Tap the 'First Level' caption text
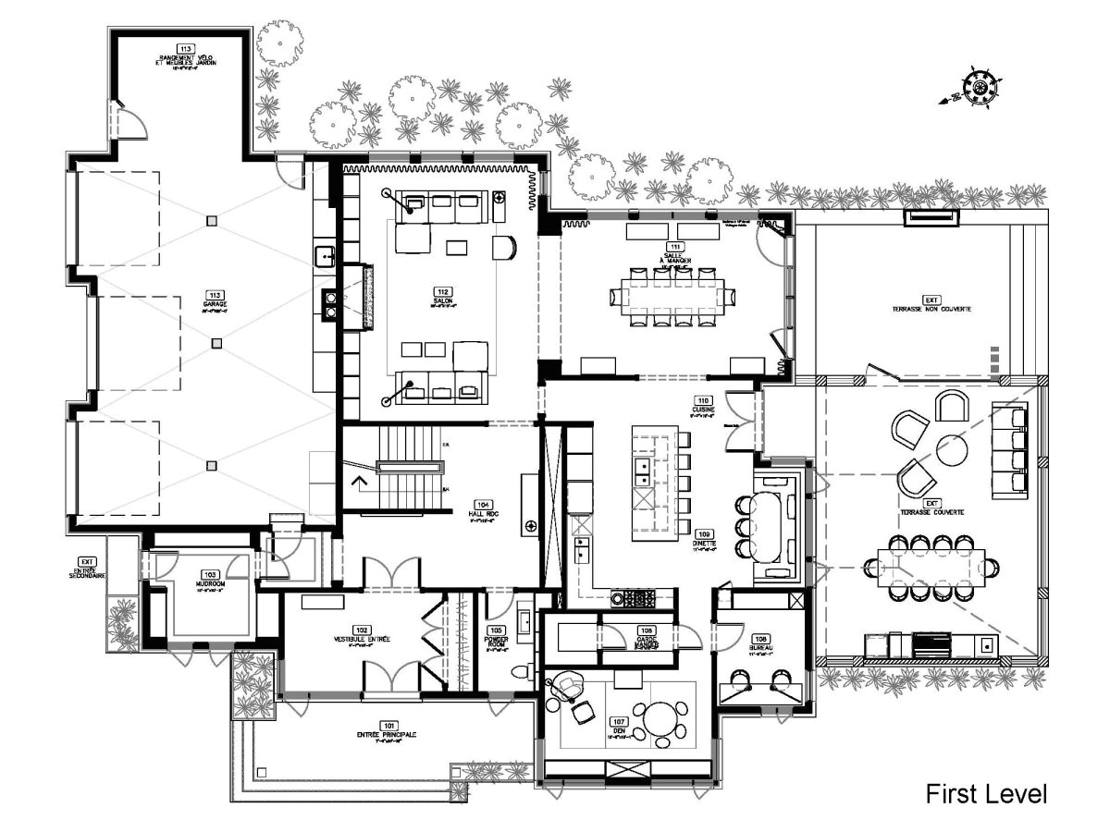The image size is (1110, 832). point(986,793)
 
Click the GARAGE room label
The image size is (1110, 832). point(216,304)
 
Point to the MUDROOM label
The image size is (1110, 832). point(210,584)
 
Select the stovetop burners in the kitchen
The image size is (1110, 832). point(638,599)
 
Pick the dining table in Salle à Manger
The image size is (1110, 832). point(672,297)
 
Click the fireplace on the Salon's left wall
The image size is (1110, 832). point(367,298)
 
